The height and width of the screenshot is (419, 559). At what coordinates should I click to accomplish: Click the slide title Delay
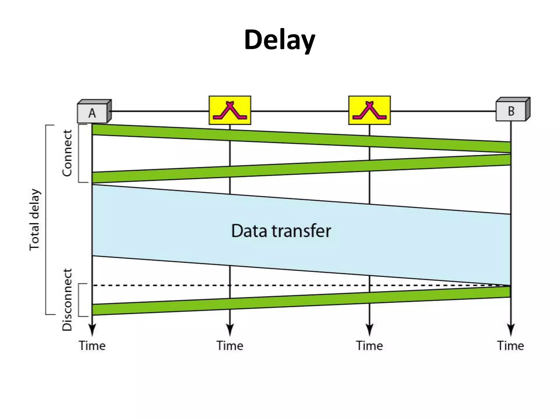[x=279, y=40]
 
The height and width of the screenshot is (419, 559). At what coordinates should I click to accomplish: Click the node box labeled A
[x=93, y=113]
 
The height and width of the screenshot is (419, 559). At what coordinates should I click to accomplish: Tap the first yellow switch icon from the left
[x=230, y=110]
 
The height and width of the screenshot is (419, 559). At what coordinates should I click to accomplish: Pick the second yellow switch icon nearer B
[x=369, y=110]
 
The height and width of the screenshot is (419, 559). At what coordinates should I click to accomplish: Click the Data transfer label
[x=281, y=231]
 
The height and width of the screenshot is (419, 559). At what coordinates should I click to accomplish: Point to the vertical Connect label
[x=67, y=153]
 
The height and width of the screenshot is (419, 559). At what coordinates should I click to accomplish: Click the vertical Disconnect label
[x=67, y=300]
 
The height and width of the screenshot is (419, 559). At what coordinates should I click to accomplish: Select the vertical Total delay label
[x=35, y=220]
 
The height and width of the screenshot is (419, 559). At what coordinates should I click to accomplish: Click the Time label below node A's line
[x=92, y=346]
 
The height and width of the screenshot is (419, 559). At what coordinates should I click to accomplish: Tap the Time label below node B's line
[x=510, y=346]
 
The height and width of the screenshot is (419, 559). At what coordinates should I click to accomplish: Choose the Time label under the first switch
[x=230, y=346]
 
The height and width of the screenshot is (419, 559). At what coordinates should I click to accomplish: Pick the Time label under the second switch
[x=369, y=346]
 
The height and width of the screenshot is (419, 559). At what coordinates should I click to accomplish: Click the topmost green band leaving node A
[x=300, y=138]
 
